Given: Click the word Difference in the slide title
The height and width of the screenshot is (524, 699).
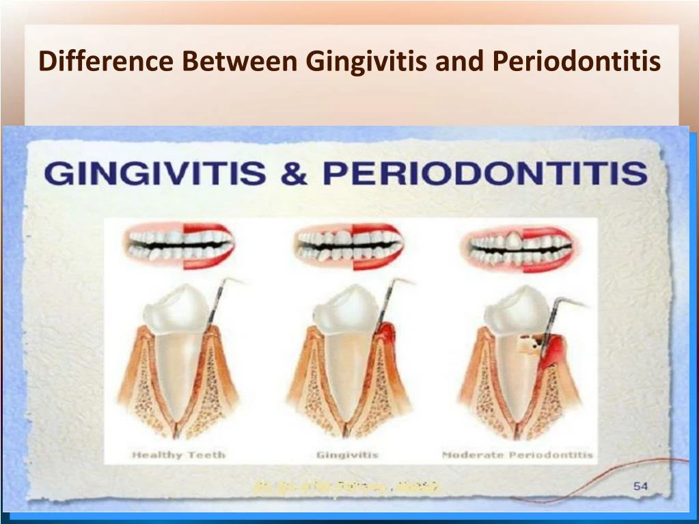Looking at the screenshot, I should click(x=106, y=61).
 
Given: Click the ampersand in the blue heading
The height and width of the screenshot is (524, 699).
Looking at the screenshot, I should click(x=294, y=173).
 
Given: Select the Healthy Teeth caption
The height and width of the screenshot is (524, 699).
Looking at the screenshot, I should click(x=178, y=454).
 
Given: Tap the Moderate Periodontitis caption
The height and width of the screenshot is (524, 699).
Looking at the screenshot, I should click(x=517, y=454).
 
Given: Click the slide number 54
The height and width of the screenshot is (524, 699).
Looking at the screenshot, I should click(x=640, y=486).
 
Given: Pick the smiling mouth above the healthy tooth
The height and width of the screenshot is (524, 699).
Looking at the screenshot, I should click(x=179, y=245).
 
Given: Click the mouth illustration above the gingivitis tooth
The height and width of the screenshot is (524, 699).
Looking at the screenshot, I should click(x=349, y=245).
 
